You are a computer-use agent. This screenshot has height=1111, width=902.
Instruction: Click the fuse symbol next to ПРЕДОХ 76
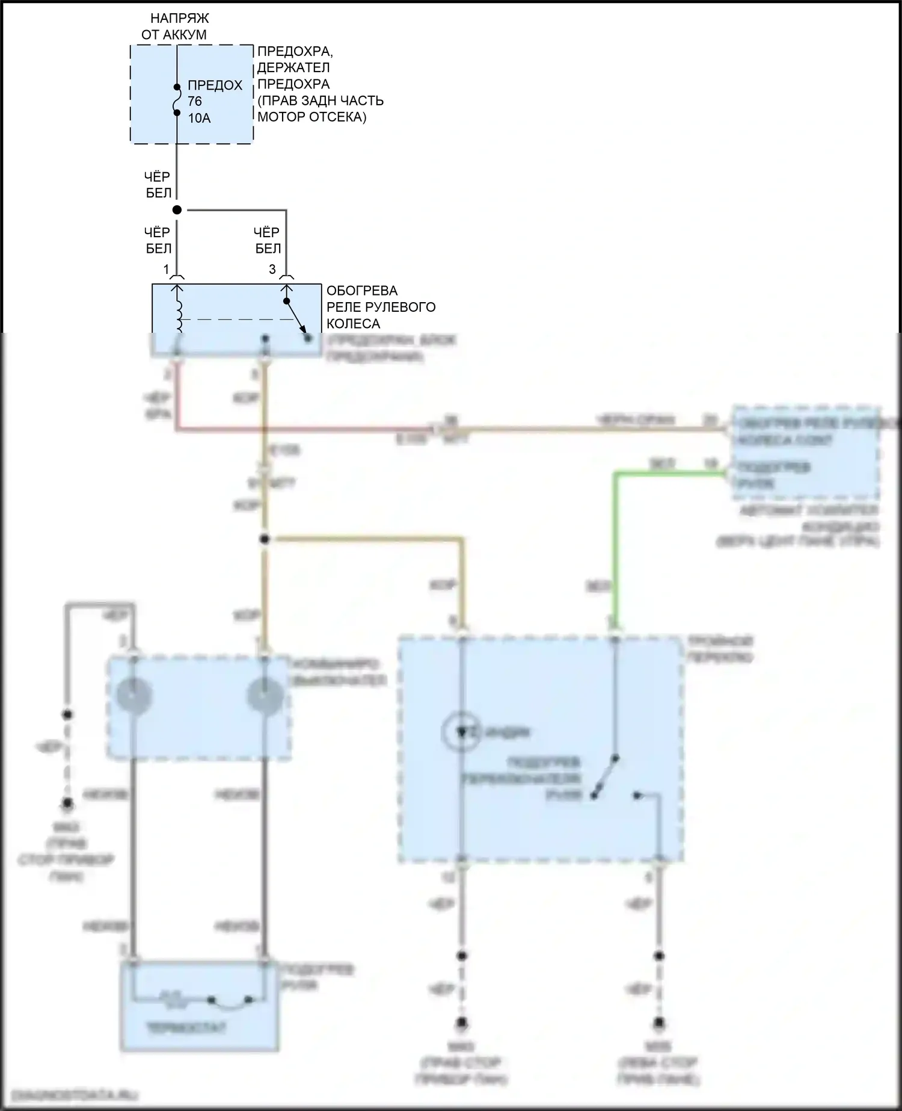(177, 100)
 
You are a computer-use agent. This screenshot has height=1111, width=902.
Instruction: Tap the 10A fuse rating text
(199, 119)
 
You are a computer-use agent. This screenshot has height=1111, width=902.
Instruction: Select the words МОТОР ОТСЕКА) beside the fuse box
(311, 117)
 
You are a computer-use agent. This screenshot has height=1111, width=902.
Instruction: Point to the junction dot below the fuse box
(177, 210)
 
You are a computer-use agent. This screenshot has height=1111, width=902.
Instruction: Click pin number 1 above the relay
(167, 269)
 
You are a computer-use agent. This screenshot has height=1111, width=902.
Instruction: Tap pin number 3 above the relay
(272, 269)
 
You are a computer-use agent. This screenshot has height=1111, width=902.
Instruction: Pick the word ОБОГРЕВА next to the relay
(362, 291)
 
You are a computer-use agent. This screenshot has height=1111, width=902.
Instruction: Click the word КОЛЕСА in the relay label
(353, 324)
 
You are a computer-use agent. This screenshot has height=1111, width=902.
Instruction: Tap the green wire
(615, 542)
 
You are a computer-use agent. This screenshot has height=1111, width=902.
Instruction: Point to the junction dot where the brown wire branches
(264, 539)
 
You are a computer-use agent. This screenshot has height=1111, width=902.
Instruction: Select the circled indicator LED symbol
(461, 732)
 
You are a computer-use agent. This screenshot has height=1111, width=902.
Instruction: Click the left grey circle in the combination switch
(134, 696)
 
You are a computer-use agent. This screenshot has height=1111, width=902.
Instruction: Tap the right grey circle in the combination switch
(265, 696)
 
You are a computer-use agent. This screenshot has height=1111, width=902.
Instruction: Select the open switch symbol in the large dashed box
(605, 776)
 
